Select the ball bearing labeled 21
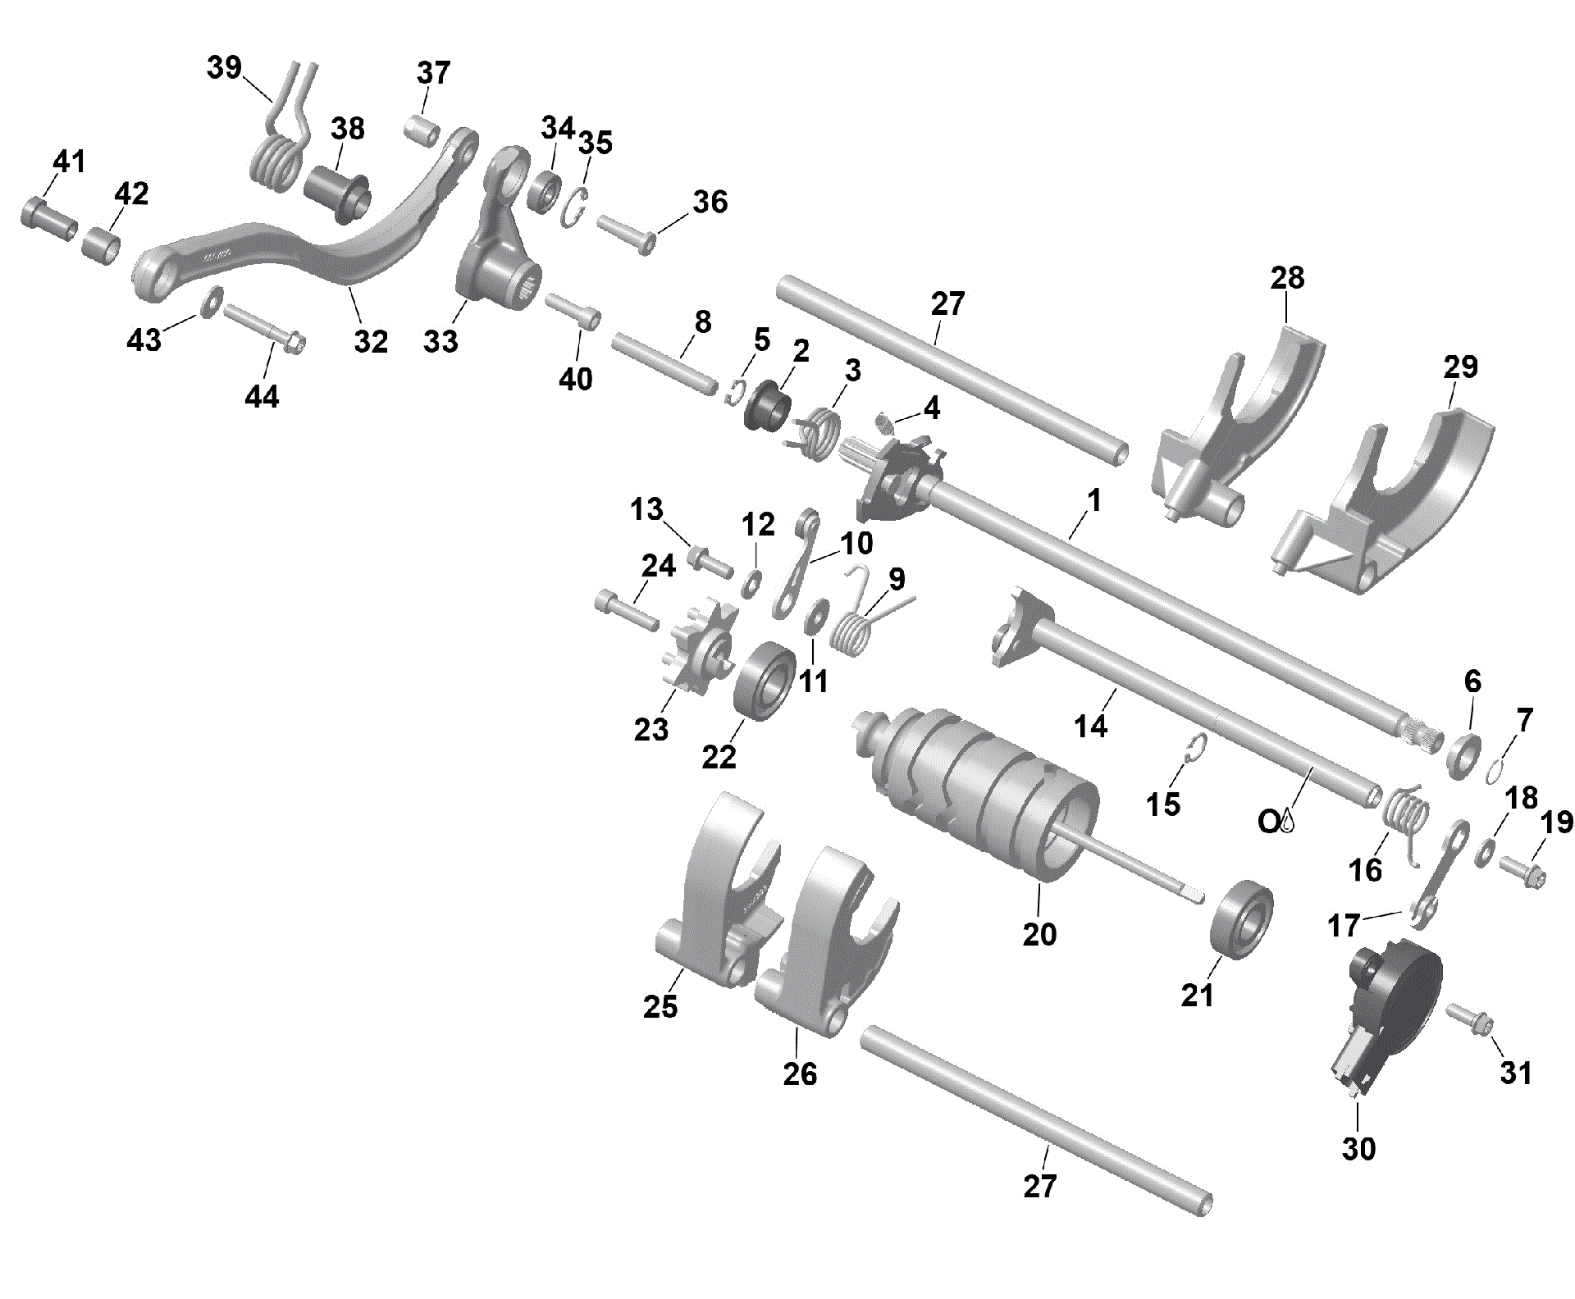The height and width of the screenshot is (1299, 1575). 1241,918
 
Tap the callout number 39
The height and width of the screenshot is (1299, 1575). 223,67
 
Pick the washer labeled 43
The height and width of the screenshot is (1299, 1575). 211,302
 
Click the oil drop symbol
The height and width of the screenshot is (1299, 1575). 1286,821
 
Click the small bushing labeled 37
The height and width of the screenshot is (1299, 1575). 422,131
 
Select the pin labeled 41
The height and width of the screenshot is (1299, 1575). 48,217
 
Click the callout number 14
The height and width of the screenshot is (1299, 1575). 1090,726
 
